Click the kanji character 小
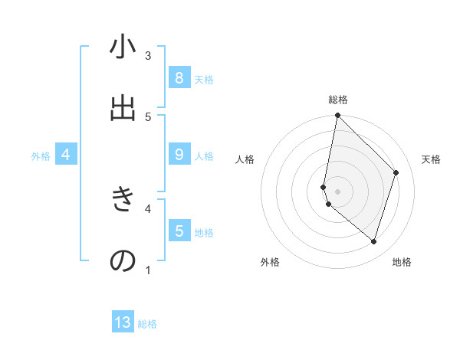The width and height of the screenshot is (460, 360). pyautogui.click(x=123, y=48)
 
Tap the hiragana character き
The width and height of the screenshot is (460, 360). pyautogui.click(x=123, y=200)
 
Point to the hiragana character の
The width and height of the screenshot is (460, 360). pyautogui.click(x=123, y=260)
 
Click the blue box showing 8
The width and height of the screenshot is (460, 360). pyautogui.click(x=179, y=77)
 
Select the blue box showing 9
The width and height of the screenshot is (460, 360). pyautogui.click(x=179, y=155)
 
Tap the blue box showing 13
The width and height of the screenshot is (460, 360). pyautogui.click(x=123, y=322)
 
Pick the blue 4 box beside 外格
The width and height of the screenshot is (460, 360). pyautogui.click(x=66, y=155)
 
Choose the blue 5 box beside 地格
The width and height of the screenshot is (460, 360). pyautogui.click(x=179, y=231)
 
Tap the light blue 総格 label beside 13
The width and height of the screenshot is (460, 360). pyautogui.click(x=147, y=324)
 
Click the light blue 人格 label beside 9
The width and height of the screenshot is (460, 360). pyautogui.click(x=204, y=156)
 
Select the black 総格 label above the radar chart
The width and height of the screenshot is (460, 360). pyautogui.click(x=337, y=100)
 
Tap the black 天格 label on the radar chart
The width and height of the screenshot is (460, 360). pyautogui.click(x=431, y=159)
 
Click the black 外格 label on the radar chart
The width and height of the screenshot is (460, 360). pyautogui.click(x=270, y=262)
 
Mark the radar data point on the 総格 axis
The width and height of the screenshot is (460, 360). pyautogui.click(x=337, y=115)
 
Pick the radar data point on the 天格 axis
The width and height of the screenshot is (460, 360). pyautogui.click(x=396, y=172)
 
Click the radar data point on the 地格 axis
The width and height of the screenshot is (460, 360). pyautogui.click(x=373, y=241)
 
